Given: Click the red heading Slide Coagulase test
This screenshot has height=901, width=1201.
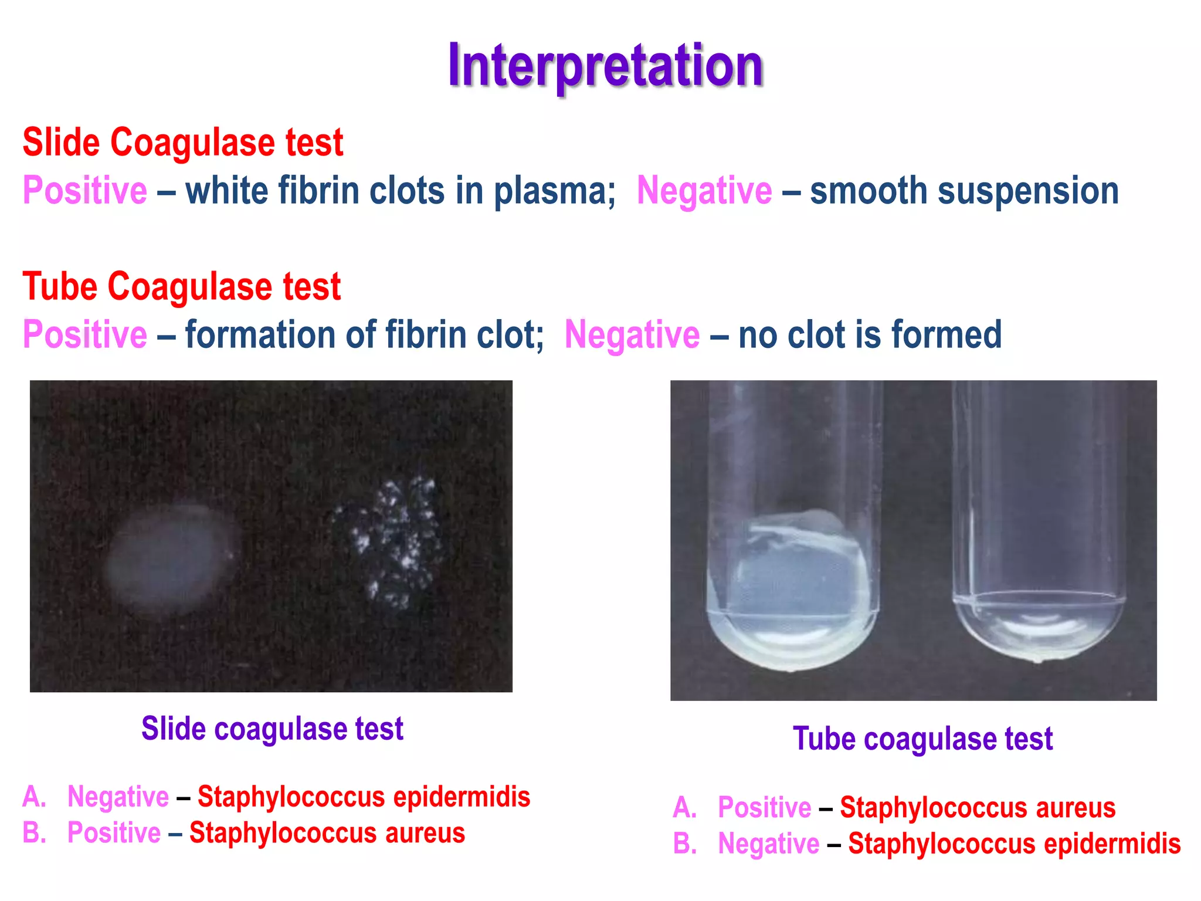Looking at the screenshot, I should click(x=182, y=143).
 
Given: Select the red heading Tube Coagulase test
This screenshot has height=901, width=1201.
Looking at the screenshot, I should click(x=181, y=286).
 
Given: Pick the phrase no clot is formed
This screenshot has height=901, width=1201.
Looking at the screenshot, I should click(x=870, y=334).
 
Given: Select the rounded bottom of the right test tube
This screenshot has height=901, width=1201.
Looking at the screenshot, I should click(x=1038, y=634).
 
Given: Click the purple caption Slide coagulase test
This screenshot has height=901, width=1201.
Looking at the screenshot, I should click(x=272, y=729).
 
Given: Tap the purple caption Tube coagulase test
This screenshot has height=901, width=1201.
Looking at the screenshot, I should click(x=922, y=739).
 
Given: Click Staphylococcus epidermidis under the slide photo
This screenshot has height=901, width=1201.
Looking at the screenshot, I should click(x=364, y=797).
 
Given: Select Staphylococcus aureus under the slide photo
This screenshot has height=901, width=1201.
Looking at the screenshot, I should click(x=327, y=833).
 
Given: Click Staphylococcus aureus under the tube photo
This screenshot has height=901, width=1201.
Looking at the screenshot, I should click(x=978, y=808).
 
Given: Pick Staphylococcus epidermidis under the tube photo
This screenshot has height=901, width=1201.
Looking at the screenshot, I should click(x=1014, y=844).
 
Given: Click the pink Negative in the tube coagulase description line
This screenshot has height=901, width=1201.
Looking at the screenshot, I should click(x=632, y=334).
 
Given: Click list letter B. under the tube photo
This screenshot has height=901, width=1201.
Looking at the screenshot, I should click(x=684, y=844).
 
